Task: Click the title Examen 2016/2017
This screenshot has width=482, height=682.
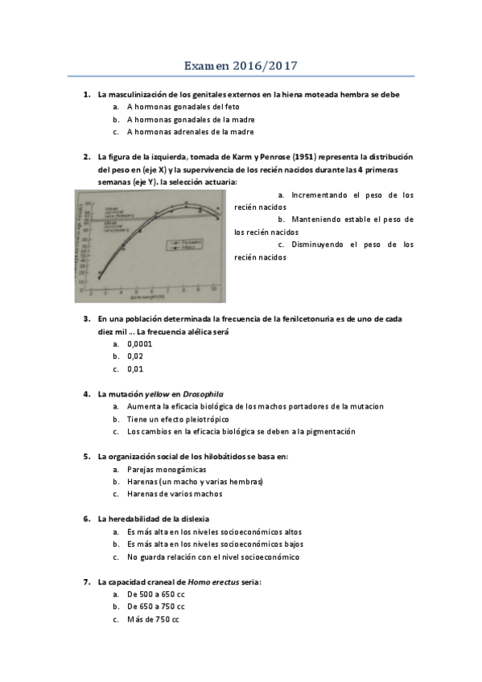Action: (241, 65)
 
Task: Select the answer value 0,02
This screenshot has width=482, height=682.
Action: (134, 356)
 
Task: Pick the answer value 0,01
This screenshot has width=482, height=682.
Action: (134, 369)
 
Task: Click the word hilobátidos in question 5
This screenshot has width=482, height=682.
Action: (227, 456)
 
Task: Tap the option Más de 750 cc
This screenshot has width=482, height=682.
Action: (153, 619)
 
